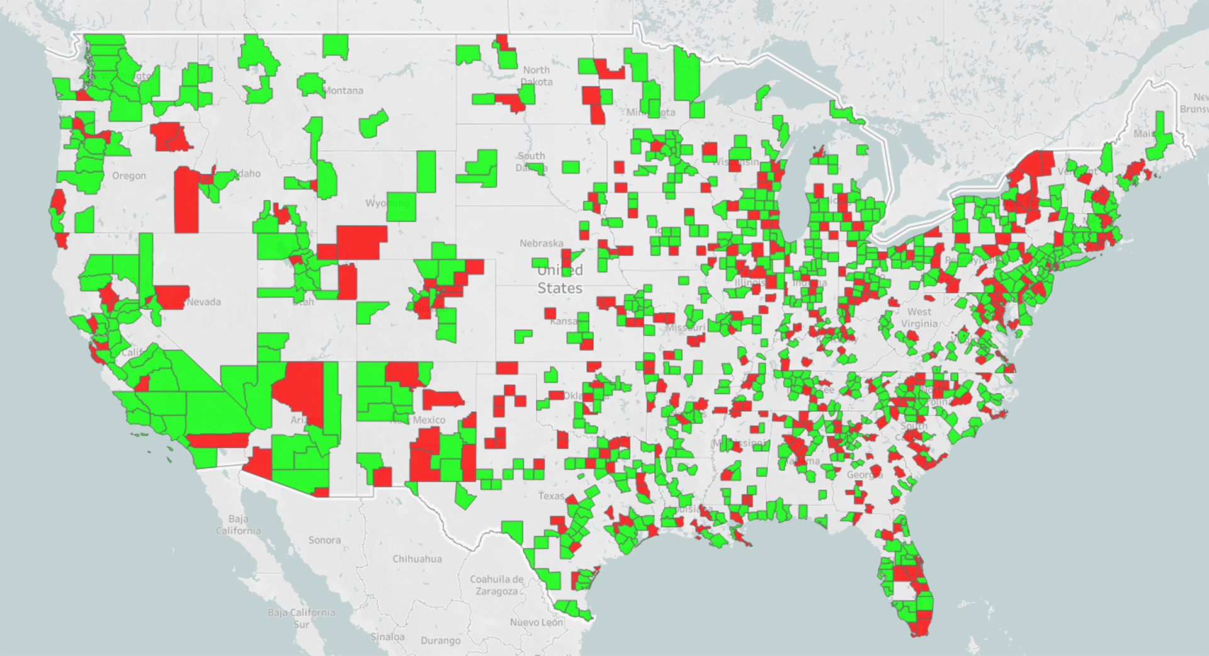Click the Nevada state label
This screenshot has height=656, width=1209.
coord(203,302)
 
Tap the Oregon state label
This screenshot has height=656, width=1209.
coord(129,176)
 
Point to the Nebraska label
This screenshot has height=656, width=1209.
coord(541,243)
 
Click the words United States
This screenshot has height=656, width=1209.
coord(560,279)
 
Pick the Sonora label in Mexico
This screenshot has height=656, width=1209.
coord(324,540)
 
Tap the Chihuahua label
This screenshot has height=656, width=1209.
coord(417,558)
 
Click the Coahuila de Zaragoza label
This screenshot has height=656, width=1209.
coord(497,585)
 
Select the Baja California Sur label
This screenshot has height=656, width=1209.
coord(301,618)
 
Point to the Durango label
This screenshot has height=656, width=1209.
coord(440,640)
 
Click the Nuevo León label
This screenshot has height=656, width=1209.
coord(536,622)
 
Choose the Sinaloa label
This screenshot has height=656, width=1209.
coord(387,636)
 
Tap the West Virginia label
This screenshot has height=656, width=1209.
coord(919,318)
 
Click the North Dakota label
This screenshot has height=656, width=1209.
coord(536,76)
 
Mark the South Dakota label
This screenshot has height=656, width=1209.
coord(531,161)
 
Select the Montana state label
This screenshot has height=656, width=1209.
coord(343,91)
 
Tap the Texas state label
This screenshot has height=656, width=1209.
coord(552,496)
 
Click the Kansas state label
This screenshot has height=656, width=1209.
coord(563,321)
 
